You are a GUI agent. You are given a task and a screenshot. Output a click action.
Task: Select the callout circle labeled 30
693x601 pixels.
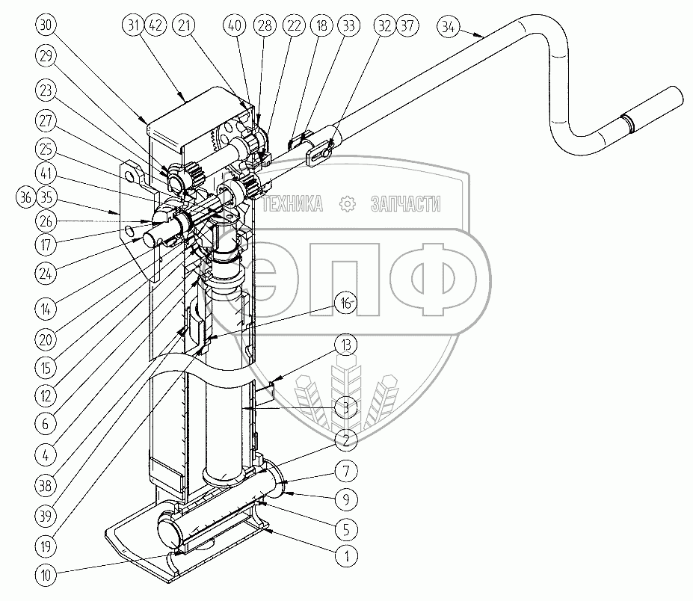tap(46, 25)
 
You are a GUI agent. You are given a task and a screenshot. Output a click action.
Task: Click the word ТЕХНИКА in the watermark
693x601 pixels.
tap(295, 203)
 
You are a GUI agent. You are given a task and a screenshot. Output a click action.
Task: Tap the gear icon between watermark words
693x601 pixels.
tap(346, 203)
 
